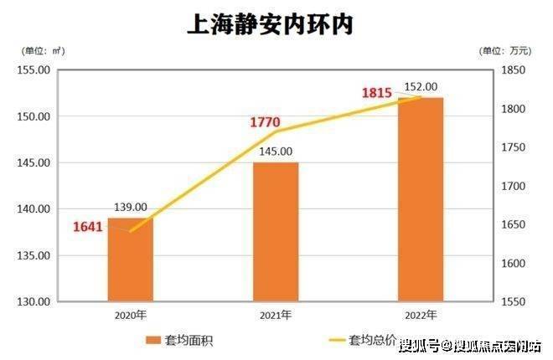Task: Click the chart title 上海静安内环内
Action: coord(269,24)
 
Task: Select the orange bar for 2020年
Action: coord(131,260)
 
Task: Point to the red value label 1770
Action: coord(264,123)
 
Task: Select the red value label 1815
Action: coord(377,93)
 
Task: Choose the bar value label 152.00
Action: coord(421,87)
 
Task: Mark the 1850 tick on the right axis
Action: coord(513,70)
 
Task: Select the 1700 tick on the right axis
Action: coord(513,186)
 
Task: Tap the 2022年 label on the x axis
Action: coord(420,316)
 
